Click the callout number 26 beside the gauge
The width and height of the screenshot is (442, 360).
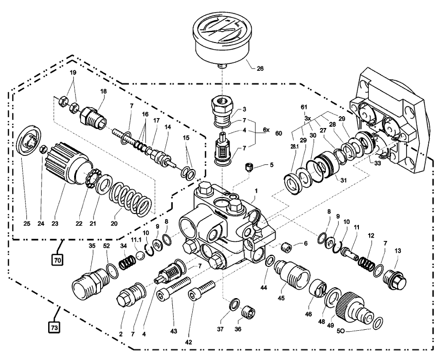pyautogui.click(x=260, y=69)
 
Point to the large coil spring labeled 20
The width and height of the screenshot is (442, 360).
pyautogui.click(x=130, y=201)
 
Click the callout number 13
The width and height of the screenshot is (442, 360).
pyautogui.click(x=397, y=251)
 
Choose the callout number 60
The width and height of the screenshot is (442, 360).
pyautogui.click(x=278, y=133)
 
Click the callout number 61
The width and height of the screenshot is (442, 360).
pyautogui.click(x=305, y=107)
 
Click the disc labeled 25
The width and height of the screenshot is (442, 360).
pyautogui.click(x=27, y=144)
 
